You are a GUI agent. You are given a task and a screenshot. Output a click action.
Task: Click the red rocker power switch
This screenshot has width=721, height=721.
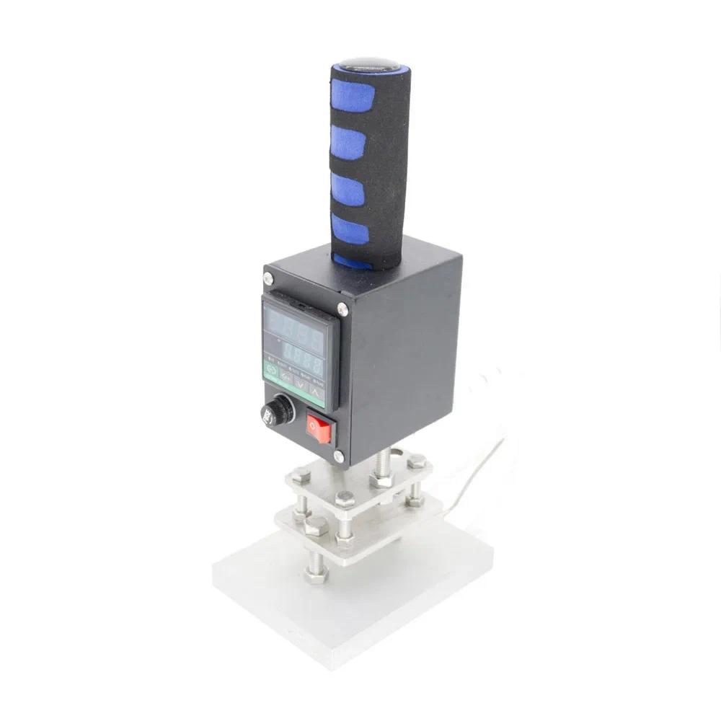(318, 428)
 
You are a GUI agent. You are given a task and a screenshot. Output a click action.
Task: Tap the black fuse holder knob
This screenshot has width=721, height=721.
(277, 411)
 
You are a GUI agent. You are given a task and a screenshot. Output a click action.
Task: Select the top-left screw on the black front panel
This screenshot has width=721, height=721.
(268, 278)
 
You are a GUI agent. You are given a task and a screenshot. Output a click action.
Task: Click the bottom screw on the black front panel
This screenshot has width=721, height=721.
(339, 456)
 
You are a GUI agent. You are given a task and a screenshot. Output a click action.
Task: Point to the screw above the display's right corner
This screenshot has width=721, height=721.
(342, 309)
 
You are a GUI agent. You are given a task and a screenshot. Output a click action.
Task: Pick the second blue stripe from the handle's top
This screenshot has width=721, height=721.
(348, 141)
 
